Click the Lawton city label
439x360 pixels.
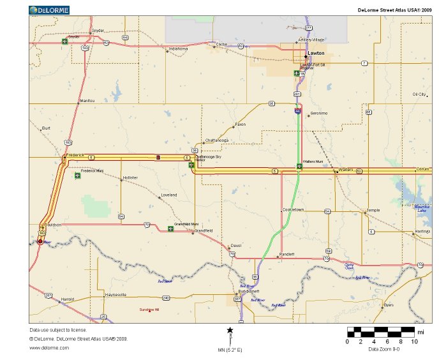[x=316, y=53]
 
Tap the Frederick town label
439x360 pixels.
[x=75, y=154]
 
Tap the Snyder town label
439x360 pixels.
[x=98, y=30]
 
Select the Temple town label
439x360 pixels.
[x=373, y=210]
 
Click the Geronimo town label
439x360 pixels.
[x=318, y=113]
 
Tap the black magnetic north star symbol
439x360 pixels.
[x=230, y=330]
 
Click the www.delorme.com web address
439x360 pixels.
[x=49, y=347]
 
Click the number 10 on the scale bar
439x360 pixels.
[x=414, y=342]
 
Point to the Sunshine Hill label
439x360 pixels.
[x=149, y=310]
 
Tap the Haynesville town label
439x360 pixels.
[x=116, y=294]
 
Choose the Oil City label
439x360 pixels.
[x=419, y=94]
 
